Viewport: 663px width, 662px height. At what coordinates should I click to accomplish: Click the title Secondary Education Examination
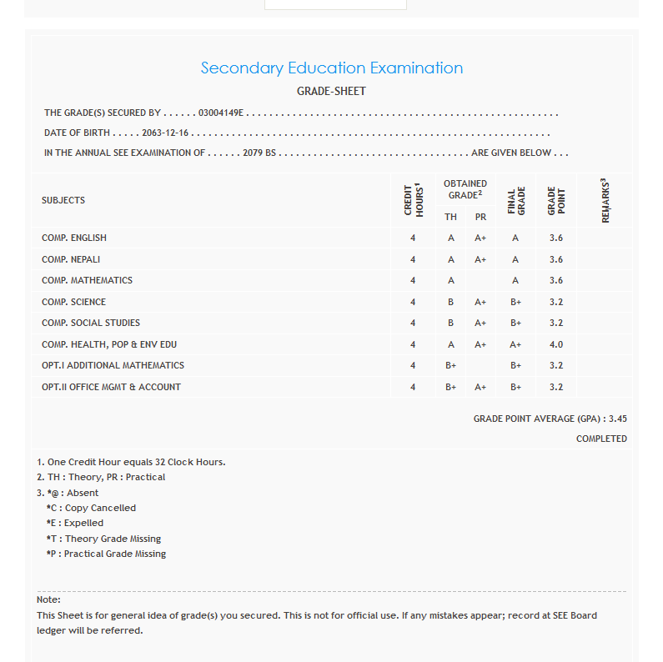331,68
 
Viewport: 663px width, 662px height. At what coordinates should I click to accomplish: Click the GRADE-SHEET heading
331,91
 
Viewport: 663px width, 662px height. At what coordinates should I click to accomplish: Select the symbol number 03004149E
220,113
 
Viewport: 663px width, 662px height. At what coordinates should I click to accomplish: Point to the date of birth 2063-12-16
166,133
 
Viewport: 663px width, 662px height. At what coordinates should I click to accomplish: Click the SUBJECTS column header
63,200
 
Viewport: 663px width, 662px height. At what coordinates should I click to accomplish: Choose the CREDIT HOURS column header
414,200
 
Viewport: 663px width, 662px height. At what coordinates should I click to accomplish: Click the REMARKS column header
605,200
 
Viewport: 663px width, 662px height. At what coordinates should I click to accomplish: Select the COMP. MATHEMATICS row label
87,280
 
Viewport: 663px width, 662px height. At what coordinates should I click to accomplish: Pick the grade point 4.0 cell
556,344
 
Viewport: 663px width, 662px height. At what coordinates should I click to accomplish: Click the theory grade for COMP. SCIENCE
450,302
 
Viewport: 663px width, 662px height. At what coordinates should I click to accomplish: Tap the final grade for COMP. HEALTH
515,344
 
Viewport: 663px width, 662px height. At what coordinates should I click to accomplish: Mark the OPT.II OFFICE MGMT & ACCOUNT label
111,387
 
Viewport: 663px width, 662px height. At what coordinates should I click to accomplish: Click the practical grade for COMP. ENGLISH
480,238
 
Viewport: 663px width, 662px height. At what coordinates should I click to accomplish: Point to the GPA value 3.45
618,419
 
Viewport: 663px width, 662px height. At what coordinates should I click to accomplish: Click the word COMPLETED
601,439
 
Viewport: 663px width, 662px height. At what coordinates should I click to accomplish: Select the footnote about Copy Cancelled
92,508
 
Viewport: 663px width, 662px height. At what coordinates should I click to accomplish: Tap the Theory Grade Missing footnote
104,539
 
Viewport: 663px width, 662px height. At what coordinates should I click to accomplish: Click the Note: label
48,599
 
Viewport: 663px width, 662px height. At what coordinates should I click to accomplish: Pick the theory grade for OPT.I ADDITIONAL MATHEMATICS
450,365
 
